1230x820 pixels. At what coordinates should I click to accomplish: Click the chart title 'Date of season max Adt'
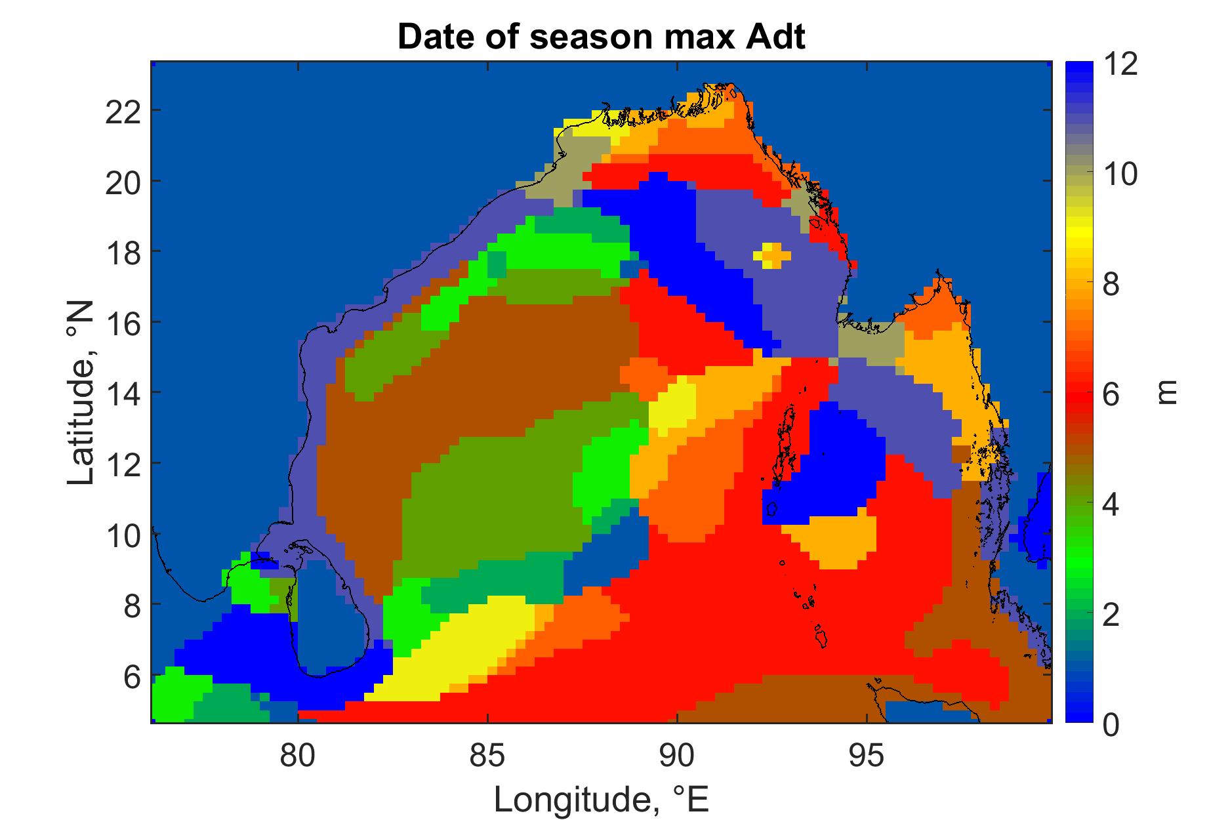(x=601, y=39)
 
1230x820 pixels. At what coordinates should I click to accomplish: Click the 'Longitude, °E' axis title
(x=602, y=799)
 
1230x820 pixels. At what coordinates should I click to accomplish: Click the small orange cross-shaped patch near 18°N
(x=772, y=255)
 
